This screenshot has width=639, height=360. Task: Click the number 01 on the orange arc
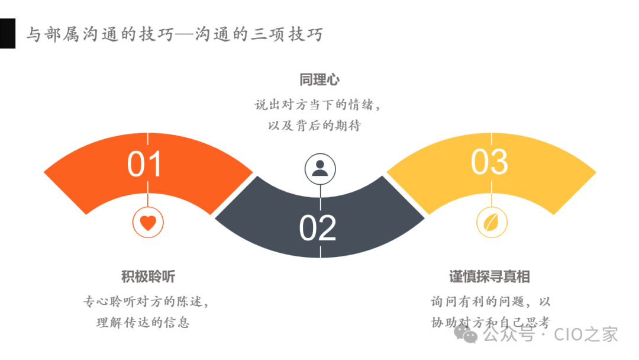[x=144, y=164]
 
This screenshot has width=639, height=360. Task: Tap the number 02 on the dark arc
[x=318, y=228]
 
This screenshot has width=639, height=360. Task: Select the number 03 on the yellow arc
[x=489, y=162]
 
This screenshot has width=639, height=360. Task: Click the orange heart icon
[x=148, y=223]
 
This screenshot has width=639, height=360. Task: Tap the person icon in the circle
[x=320, y=168]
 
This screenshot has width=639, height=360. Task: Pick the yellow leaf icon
[x=492, y=223]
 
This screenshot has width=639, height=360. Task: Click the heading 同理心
[x=319, y=81]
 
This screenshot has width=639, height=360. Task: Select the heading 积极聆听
[x=148, y=277]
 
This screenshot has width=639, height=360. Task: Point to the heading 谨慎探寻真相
[x=489, y=277]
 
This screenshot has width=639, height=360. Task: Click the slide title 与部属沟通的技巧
[x=99, y=34]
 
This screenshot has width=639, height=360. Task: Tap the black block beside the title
[x=7, y=33]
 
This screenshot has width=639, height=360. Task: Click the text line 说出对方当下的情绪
[x=317, y=105]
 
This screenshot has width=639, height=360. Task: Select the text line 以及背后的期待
[x=314, y=126]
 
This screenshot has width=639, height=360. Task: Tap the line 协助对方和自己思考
[x=490, y=323]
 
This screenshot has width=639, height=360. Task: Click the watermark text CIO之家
[x=586, y=335]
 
